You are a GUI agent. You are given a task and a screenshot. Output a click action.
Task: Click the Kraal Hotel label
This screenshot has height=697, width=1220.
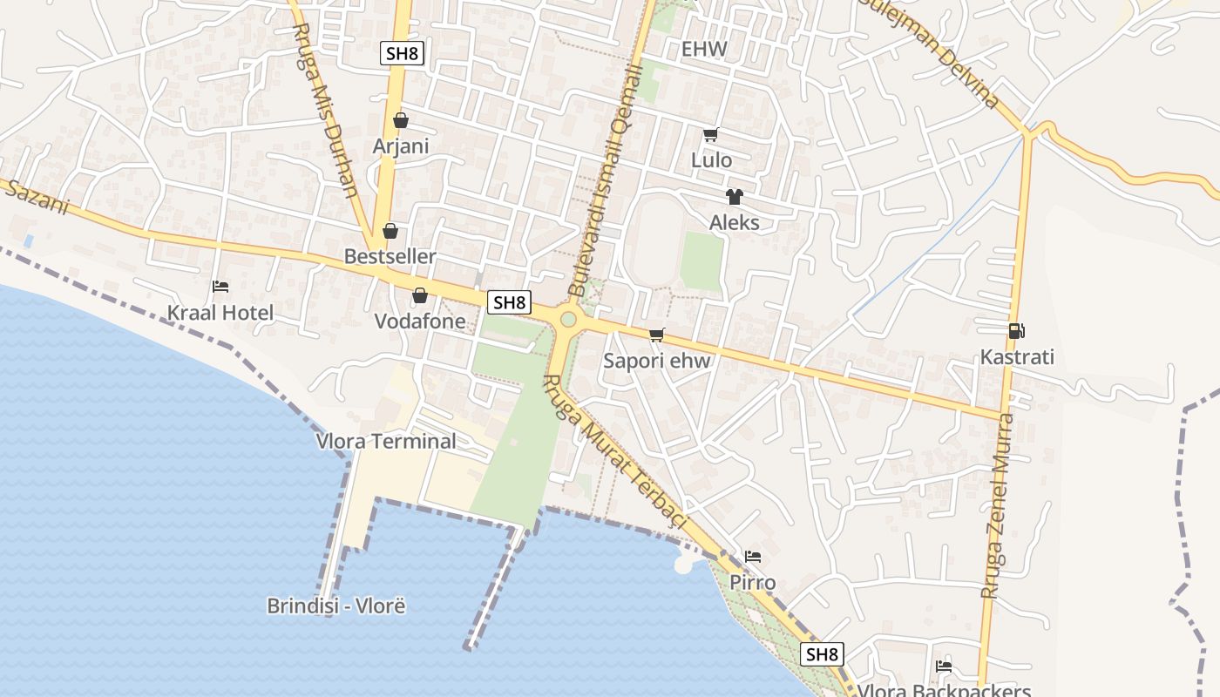[x=220, y=313]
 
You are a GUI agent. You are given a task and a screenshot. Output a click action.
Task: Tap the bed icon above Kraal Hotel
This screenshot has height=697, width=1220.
[x=220, y=287]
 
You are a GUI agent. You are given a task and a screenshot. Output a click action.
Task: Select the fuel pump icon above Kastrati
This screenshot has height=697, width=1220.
[x=1016, y=331]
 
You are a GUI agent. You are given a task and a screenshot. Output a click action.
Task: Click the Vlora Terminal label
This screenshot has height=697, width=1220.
[x=386, y=441]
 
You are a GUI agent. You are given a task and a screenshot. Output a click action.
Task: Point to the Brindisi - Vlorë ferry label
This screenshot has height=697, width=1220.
[x=336, y=606]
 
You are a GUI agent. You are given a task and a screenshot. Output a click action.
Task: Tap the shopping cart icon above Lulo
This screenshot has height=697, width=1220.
[x=710, y=135]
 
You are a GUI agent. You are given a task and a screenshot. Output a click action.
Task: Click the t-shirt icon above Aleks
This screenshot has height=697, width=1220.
[x=734, y=197]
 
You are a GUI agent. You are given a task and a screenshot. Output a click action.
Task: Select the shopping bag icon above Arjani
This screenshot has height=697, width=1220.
[x=401, y=120]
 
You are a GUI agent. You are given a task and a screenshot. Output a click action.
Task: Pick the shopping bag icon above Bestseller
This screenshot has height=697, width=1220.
[x=390, y=231]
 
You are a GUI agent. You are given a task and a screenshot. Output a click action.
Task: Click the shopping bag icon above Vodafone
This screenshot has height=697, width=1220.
[x=419, y=295]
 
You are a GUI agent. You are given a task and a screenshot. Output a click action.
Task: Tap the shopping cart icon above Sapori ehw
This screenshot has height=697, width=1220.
[x=657, y=335]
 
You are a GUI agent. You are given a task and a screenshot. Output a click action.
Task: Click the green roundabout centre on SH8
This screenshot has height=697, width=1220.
[x=568, y=320]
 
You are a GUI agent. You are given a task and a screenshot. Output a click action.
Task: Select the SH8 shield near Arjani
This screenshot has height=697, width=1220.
[x=403, y=53]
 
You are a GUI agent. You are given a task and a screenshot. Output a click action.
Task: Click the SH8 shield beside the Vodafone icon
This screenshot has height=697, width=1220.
[x=509, y=302]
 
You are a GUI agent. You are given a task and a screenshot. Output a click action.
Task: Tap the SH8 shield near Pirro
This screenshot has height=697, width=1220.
[x=823, y=654]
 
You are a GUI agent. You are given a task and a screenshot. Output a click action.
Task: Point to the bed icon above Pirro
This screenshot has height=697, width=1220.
[x=753, y=557]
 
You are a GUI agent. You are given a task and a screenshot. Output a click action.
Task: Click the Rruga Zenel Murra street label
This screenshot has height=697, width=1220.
[x=997, y=505]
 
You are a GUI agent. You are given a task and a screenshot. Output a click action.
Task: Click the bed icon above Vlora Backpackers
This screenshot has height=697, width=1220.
[x=944, y=667]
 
